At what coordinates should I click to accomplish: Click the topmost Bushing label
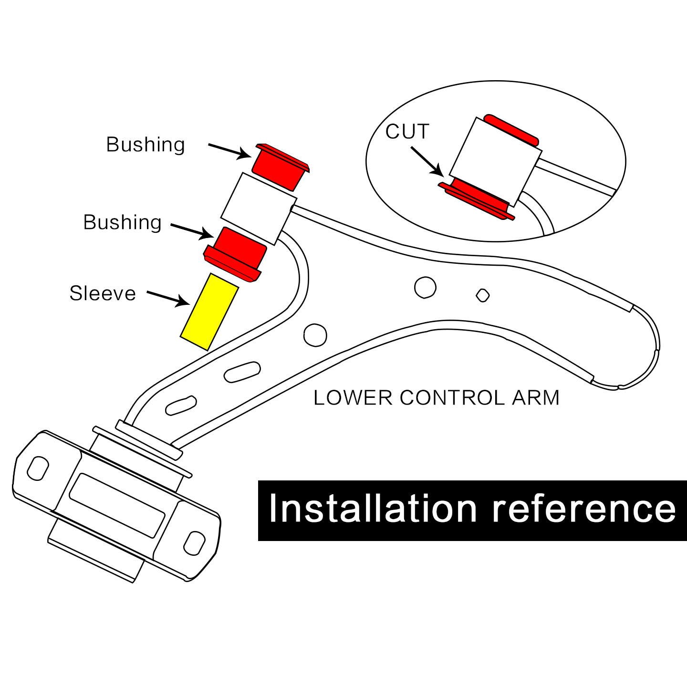click(x=145, y=145)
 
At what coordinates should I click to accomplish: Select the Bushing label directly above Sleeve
click(x=123, y=222)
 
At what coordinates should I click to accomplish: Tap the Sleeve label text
click(x=103, y=293)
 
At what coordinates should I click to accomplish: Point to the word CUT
click(x=407, y=132)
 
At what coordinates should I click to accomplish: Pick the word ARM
click(x=535, y=398)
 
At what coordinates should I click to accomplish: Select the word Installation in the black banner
click(x=373, y=509)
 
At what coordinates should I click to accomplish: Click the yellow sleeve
click(x=209, y=312)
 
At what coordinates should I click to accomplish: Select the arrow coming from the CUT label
click(x=426, y=160)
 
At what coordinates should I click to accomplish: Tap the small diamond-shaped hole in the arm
click(x=483, y=295)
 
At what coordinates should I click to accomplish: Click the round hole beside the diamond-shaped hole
click(x=425, y=287)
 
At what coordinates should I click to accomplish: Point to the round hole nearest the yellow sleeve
click(x=315, y=334)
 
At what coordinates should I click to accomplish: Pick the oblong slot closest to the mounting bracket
click(x=181, y=405)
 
